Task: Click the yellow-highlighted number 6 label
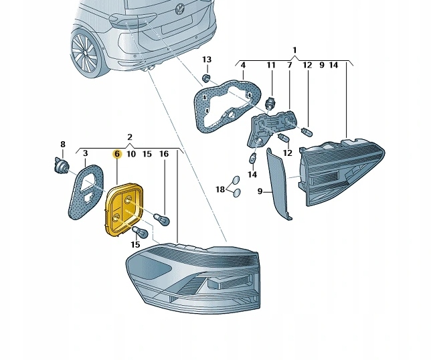pos(116,154)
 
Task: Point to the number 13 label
pos(206,60)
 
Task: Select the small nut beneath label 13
pos(207,78)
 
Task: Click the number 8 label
pos(63,145)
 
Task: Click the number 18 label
pos(220,190)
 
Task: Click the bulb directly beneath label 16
pos(161,219)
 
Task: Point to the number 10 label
pos(131,154)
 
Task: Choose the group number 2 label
pos(130,137)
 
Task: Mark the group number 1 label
pos(294,50)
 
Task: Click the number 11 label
pos(271,65)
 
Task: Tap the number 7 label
pos(289,65)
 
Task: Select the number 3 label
pos(85,154)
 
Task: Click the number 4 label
pos(243,65)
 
